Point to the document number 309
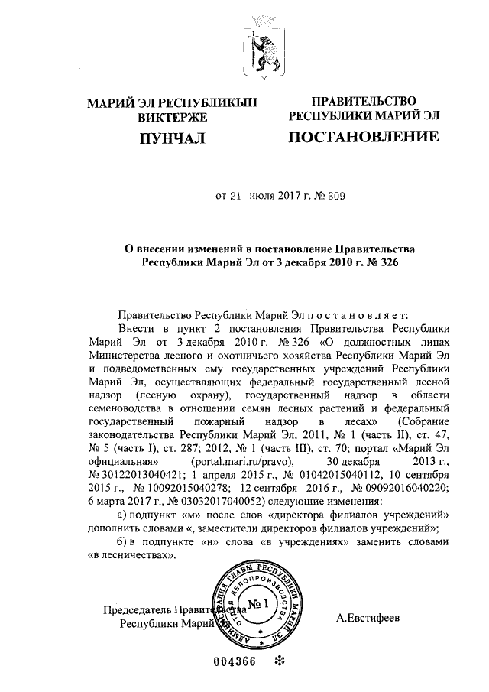(336, 195)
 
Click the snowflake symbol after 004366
(280, 662)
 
